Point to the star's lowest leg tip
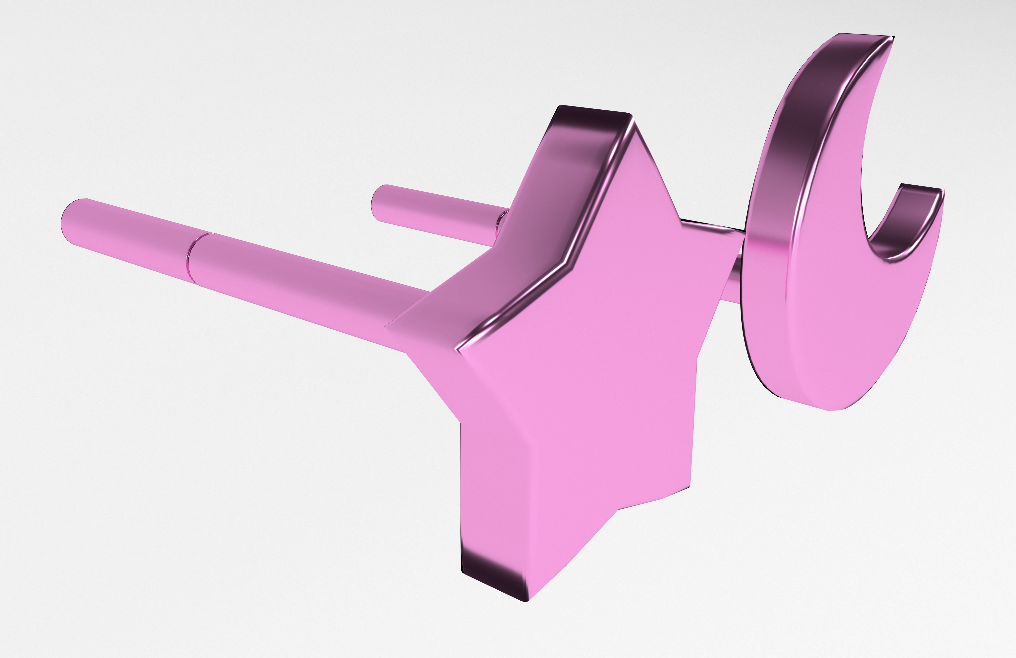click(527, 600)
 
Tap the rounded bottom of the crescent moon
click(833, 408)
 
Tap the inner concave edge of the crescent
click(867, 214)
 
